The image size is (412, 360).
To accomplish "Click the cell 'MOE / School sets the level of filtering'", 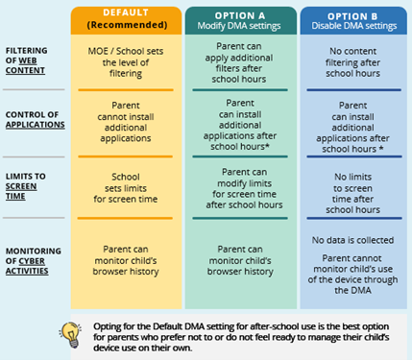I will click(x=126, y=59).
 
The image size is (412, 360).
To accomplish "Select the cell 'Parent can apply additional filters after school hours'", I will click(x=238, y=62).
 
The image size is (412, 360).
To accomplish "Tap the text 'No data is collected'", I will click(x=352, y=239).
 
